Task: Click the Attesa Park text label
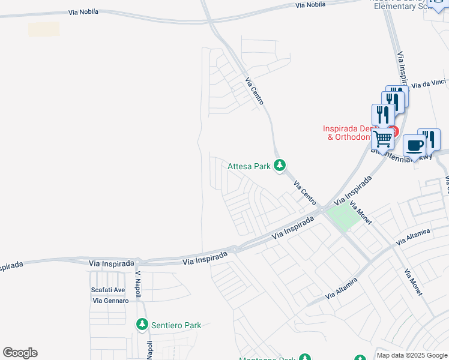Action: (x=249, y=166)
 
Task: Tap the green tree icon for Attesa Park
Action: (x=279, y=165)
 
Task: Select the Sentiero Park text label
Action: (x=176, y=325)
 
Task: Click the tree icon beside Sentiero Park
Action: (x=142, y=325)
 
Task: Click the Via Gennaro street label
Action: (x=110, y=300)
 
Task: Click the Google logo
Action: (x=20, y=353)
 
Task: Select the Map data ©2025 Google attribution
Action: (x=412, y=355)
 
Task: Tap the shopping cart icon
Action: (x=382, y=139)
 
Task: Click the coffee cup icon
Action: (x=415, y=145)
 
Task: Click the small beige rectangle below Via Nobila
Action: (x=44, y=29)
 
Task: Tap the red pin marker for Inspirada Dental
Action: (x=393, y=130)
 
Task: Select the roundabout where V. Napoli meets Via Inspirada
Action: (x=138, y=262)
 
